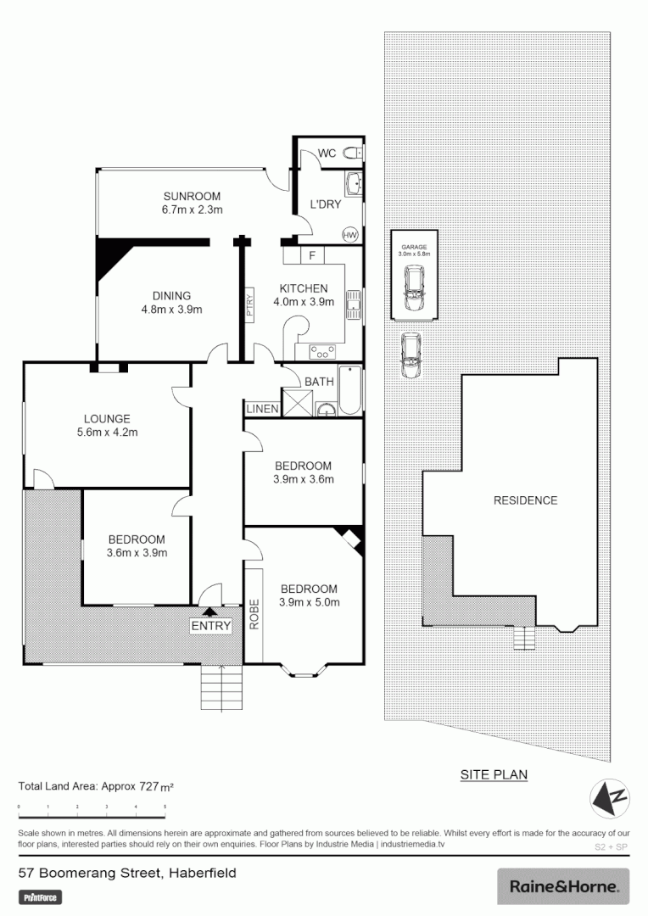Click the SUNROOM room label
click(x=192, y=196)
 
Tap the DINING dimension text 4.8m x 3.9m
click(x=171, y=310)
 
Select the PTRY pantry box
click(x=249, y=304)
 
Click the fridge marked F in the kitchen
click(x=312, y=255)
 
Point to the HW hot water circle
click(x=349, y=235)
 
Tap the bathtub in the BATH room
click(x=349, y=390)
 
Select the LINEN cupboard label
click(x=262, y=410)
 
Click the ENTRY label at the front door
click(x=210, y=626)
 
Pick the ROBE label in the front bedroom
click(x=254, y=614)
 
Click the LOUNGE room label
click(x=107, y=418)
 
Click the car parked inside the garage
click(x=415, y=288)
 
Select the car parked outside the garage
click(x=411, y=355)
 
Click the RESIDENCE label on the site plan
click(x=525, y=500)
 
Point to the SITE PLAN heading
click(x=494, y=774)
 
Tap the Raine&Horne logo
click(x=563, y=886)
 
